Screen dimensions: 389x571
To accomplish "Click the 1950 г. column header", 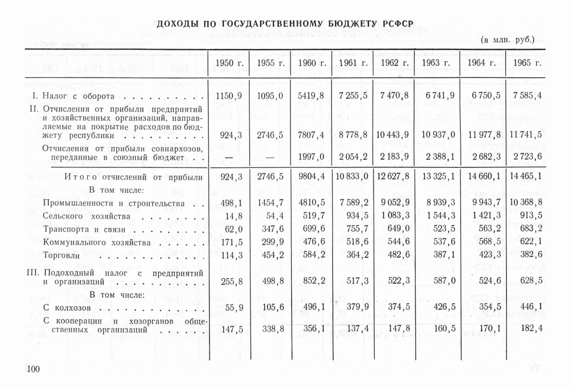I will tap(229, 63).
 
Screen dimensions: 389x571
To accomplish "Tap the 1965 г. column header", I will tap(527, 63).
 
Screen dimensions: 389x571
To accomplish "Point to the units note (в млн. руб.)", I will tap(508, 40).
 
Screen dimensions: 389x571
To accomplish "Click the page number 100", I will tap(33, 369).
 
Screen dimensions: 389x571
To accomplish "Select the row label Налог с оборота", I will tap(78, 96).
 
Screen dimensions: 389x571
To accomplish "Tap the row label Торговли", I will tap(61, 255).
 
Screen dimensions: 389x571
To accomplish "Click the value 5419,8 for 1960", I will tap(311, 96).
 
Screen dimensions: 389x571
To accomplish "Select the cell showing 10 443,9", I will tap(393, 135).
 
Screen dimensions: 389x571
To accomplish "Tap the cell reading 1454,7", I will tap(270, 203).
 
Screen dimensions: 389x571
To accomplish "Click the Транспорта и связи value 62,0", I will tap(234, 229).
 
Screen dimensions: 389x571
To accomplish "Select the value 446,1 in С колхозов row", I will tap(531, 307).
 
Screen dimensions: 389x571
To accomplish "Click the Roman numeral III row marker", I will tap(33, 273).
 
